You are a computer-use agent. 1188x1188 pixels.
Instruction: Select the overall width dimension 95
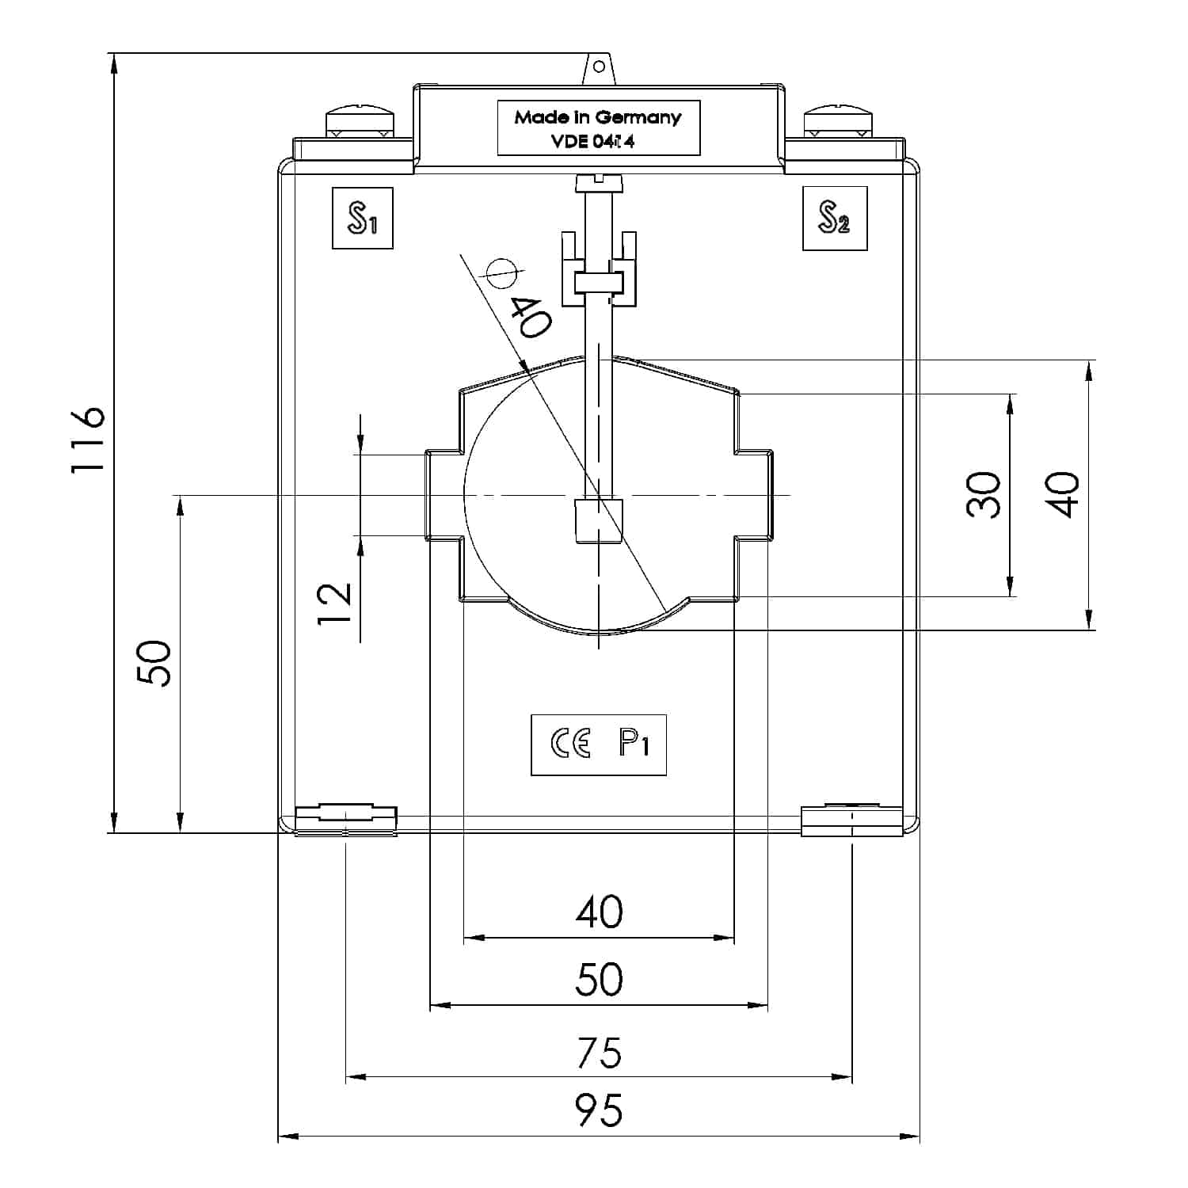coord(599,1110)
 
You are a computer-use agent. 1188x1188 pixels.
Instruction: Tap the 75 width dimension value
coord(599,1053)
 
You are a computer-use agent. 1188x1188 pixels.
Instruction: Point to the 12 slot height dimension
coord(335,604)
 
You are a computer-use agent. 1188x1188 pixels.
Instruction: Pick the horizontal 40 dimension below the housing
coord(599,912)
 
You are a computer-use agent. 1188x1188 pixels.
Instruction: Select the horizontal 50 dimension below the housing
coord(599,979)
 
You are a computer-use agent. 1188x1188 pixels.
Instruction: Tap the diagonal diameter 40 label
coord(529,317)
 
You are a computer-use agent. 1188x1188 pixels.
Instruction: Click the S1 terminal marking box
coord(362,218)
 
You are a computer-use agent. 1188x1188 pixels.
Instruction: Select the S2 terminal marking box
coord(834,218)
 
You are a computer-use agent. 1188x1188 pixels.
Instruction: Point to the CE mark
coord(570,744)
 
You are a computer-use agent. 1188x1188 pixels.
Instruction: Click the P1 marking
coord(634,744)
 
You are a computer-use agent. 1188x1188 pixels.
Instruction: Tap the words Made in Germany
coord(597,117)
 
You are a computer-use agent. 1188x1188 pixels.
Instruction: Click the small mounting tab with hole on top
coord(599,68)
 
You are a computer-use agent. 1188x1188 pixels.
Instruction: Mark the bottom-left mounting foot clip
coord(345,820)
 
